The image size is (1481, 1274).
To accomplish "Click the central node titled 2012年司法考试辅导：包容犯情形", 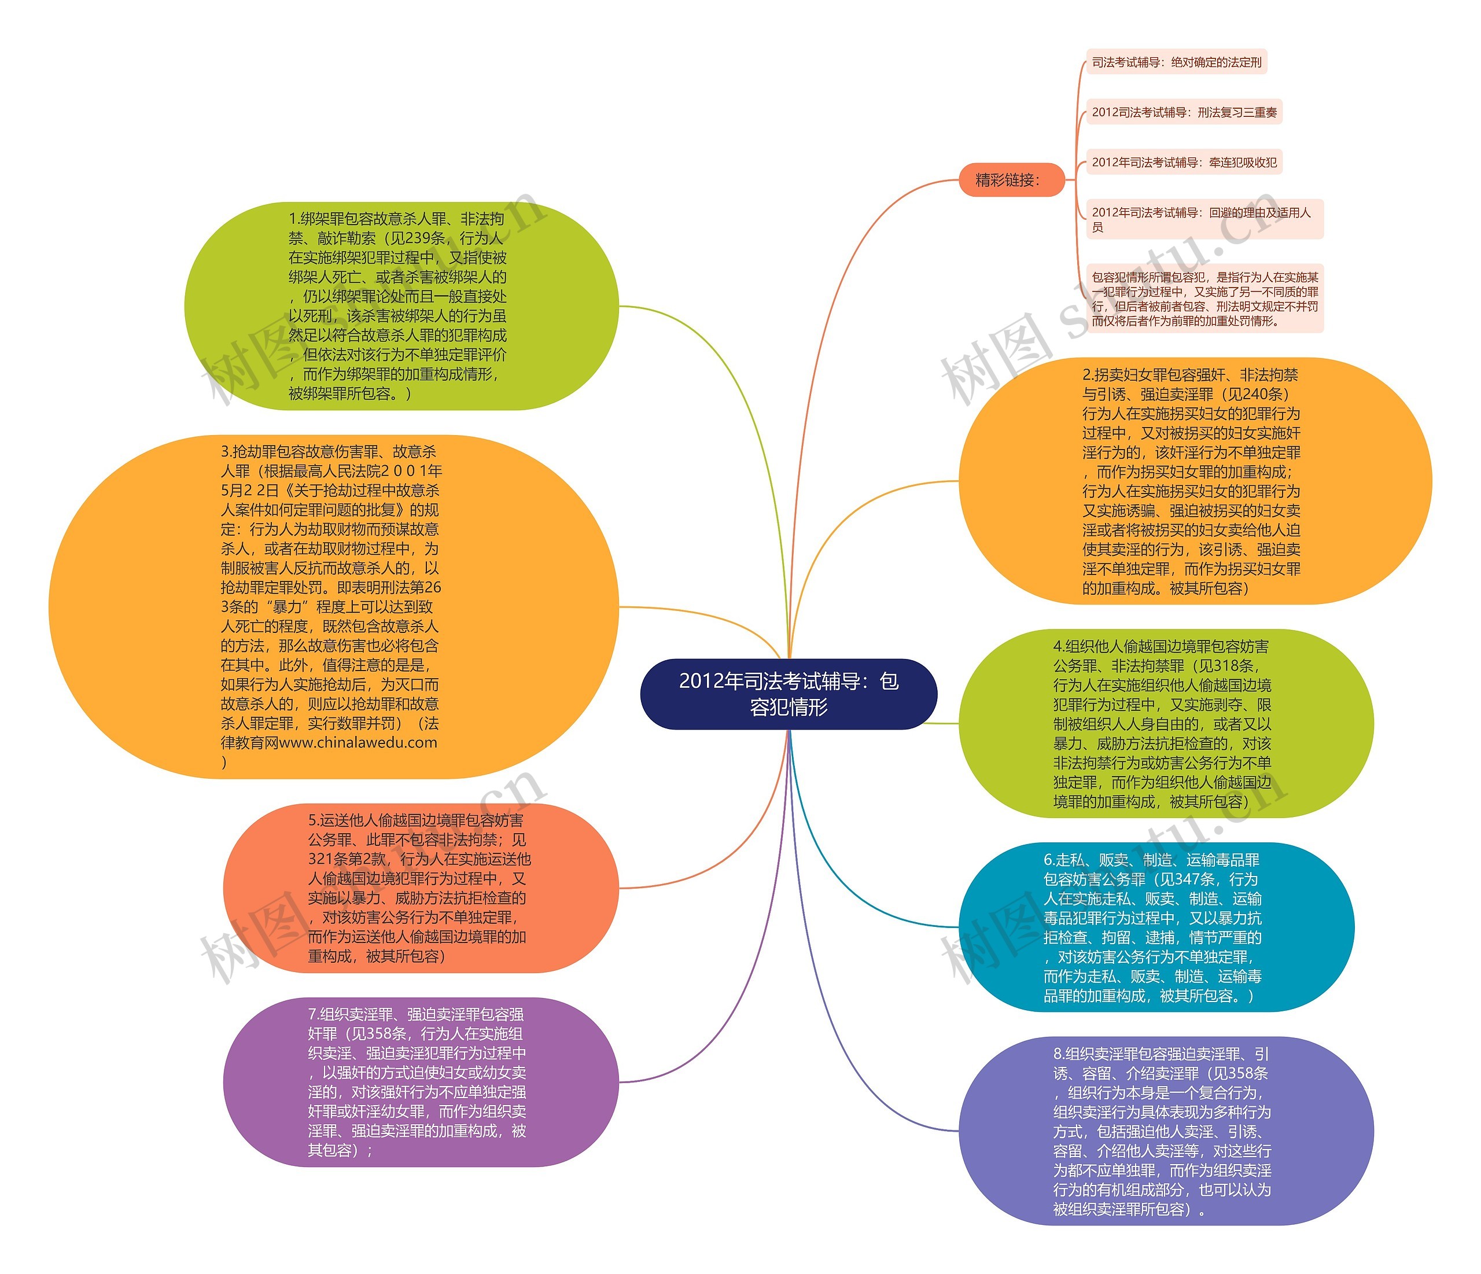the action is tap(789, 694).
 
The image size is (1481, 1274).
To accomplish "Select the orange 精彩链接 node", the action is tap(1011, 180).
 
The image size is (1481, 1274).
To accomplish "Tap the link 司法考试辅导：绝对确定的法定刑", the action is tap(1176, 62).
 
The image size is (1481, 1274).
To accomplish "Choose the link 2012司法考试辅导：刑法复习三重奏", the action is tap(1184, 112).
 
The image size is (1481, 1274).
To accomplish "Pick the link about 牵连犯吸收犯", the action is tap(1184, 163).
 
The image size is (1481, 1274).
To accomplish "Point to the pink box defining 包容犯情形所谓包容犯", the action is tap(1204, 298).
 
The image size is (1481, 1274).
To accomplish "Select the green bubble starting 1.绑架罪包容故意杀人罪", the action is tap(400, 306).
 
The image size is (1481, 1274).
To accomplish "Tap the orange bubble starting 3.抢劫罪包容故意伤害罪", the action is tap(333, 606).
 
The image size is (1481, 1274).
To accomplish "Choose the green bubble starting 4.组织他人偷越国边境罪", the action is tap(1165, 724).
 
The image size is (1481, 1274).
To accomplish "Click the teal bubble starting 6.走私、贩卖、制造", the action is tap(1155, 927).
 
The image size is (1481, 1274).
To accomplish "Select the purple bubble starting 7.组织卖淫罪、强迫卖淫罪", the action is tap(420, 1082).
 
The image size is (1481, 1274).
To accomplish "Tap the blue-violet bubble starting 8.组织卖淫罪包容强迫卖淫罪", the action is tap(1165, 1131).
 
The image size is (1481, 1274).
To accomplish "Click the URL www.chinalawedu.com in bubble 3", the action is tap(358, 742).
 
